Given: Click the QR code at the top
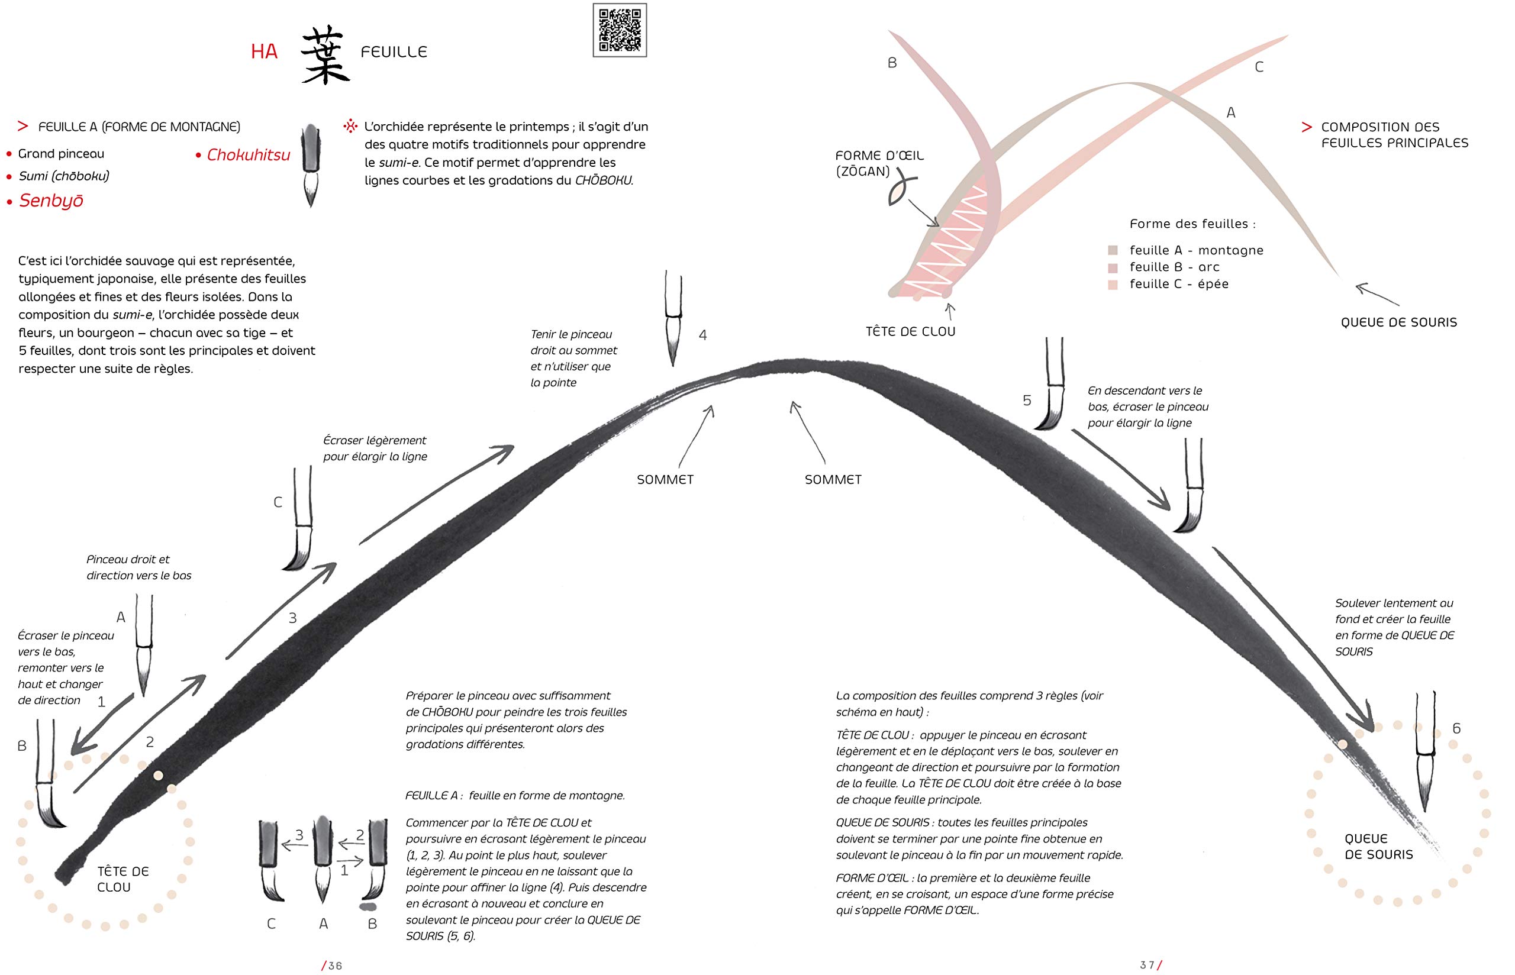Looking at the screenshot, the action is [619, 30].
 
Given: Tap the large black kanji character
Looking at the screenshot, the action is [325, 56].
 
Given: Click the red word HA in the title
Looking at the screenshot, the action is [264, 52].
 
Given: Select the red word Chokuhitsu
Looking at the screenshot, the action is [248, 155].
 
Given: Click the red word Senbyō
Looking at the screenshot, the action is [51, 201].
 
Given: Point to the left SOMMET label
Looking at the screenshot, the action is [665, 480].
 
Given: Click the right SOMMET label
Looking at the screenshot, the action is [833, 480].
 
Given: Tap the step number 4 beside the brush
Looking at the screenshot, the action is [702, 335].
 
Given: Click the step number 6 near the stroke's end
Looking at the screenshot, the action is [1456, 729].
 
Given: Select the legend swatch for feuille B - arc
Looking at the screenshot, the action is [1113, 268].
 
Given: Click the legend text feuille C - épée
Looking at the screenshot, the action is [1179, 284].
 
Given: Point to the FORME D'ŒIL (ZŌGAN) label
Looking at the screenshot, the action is [879, 163].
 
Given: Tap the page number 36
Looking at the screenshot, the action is [334, 966].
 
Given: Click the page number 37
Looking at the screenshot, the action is [1148, 965].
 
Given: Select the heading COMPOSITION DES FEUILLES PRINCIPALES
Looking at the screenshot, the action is [1394, 135].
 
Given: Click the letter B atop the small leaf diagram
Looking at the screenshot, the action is [892, 63].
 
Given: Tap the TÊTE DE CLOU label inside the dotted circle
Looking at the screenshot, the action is [123, 879].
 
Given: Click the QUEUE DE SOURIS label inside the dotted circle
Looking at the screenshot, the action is [1378, 847].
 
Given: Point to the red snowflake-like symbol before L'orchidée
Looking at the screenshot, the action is [350, 127].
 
